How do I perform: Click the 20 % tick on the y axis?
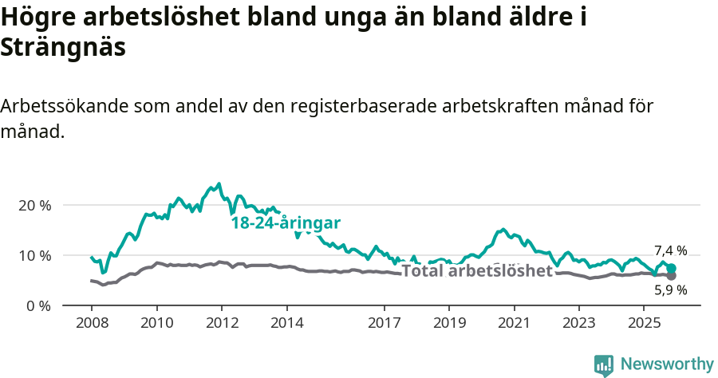click(x=34, y=205)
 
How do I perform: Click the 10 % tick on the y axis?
click(x=34, y=255)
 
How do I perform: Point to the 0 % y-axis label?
click(x=37, y=305)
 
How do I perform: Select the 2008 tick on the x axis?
click(x=91, y=323)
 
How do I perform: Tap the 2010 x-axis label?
click(x=156, y=323)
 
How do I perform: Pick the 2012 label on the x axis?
click(x=222, y=323)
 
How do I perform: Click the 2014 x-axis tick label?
click(x=286, y=323)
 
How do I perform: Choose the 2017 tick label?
click(x=385, y=323)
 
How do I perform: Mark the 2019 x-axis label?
click(x=449, y=323)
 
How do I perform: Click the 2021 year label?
click(x=515, y=323)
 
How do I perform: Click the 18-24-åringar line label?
click(x=286, y=222)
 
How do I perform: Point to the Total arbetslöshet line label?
click(x=477, y=271)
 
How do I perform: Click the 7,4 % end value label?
click(x=670, y=250)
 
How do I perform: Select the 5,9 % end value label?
click(x=670, y=290)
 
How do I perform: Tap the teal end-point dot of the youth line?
click(x=672, y=269)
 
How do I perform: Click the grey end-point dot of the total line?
click(x=672, y=276)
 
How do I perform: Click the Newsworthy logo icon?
click(x=604, y=365)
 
